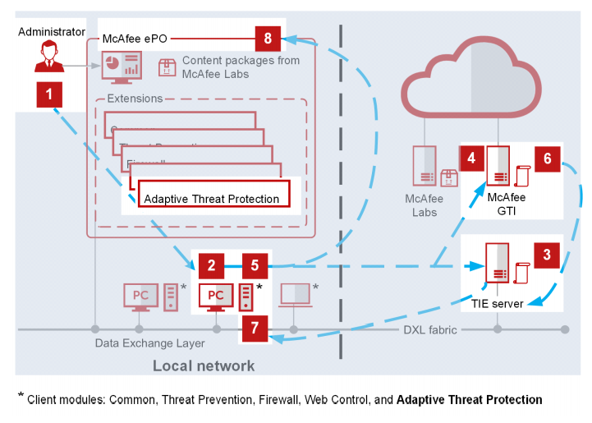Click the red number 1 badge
pos(49,94)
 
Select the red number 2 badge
pos(211,264)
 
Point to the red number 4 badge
pos(471,159)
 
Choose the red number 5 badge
pos(255,264)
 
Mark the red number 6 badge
pos(547,159)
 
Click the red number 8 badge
pos(268,38)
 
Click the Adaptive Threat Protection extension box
pos(213,199)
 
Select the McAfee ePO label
pos(135,38)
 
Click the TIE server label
pos(498,303)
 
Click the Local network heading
pos(204,366)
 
